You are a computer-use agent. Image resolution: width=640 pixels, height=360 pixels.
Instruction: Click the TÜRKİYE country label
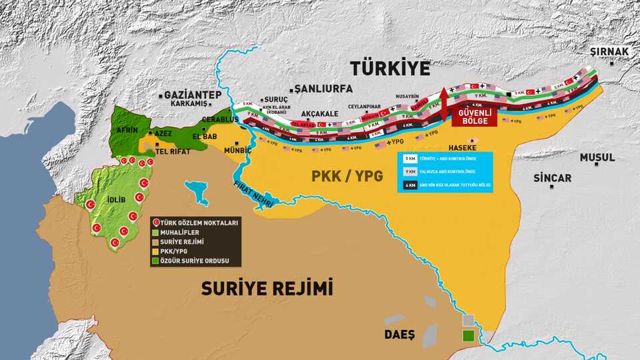point(391,69)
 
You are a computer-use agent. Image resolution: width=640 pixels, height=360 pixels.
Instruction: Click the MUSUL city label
point(596,158)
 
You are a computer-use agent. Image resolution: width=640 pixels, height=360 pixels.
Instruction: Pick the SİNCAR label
point(552,178)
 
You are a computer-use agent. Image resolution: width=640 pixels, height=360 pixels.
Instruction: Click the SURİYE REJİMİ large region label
point(267,289)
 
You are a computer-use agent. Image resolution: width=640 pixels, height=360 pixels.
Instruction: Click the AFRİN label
point(127,131)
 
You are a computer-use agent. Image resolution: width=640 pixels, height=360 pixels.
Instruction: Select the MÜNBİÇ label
point(239,151)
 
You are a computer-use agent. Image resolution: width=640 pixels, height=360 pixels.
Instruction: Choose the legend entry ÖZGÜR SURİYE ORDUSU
point(195,261)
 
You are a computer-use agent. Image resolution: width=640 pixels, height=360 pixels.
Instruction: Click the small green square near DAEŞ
point(470,335)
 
